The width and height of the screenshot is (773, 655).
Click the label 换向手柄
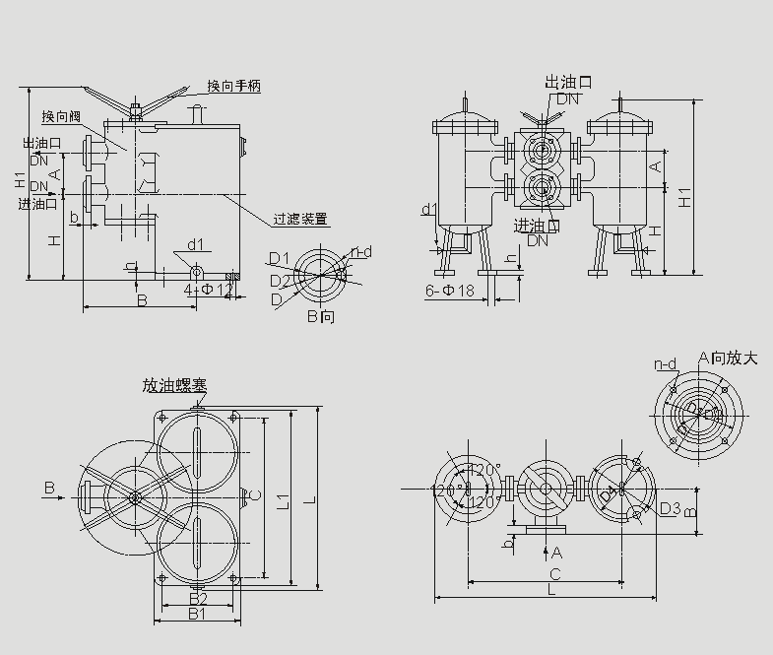[233, 87]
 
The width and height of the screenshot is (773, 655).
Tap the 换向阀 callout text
[61, 117]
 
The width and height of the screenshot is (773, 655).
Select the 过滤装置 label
[301, 219]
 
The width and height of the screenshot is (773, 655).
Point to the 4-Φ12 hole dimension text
[209, 290]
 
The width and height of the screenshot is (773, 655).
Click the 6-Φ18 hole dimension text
[450, 291]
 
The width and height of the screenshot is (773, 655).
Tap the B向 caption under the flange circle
[321, 316]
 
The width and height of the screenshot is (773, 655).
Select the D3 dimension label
[670, 508]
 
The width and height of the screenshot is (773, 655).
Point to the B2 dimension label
[197, 598]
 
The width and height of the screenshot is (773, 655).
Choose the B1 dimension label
[197, 615]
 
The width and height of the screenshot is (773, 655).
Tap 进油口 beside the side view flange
[38, 204]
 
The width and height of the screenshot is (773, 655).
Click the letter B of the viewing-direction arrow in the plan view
[49, 487]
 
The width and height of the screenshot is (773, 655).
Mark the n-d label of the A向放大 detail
[666, 365]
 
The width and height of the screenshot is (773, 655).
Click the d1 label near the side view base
[195, 243]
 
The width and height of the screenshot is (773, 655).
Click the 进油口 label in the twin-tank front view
[537, 226]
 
